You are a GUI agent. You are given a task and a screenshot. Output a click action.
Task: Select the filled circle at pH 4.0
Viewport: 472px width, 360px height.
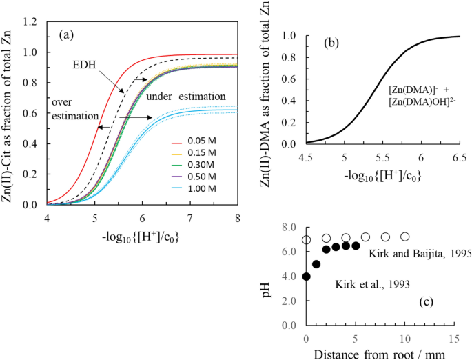pos(306,277)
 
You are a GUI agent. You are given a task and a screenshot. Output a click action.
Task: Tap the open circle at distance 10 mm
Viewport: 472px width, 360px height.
pos(405,237)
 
